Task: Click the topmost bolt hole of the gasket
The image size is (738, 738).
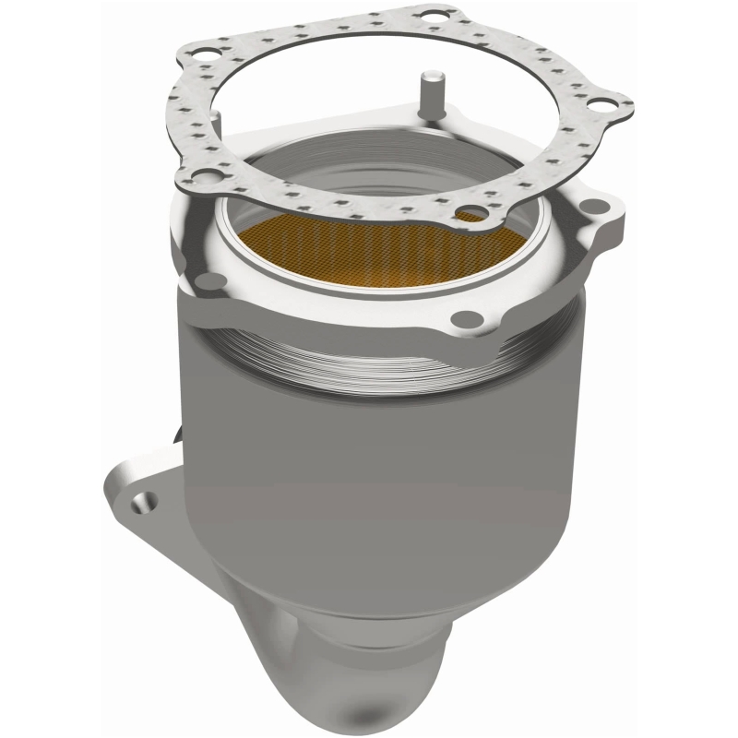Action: (430, 16)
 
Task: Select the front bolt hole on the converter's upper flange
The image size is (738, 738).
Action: (468, 318)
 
